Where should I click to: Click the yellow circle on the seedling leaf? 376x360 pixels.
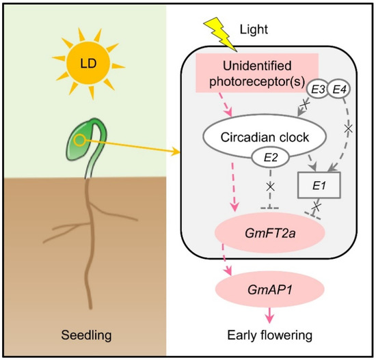[x=81, y=141]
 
